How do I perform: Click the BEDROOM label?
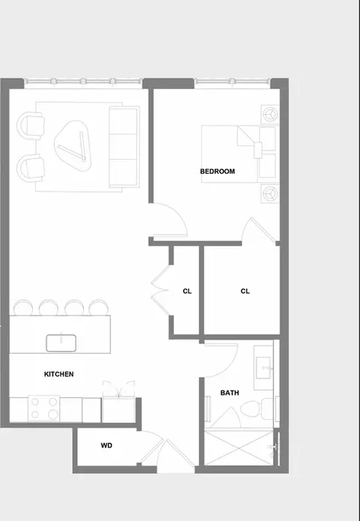(217, 172)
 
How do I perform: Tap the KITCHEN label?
(58, 374)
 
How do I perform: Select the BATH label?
(229, 393)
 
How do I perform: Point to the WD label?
(106, 445)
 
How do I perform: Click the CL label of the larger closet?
(245, 291)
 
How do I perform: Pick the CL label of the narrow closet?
(187, 291)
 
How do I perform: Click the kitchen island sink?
(61, 343)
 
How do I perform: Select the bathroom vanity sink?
(264, 367)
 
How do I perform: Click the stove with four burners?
(44, 409)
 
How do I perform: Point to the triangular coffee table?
(73, 146)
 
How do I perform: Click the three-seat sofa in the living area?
(124, 146)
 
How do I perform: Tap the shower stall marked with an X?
(238, 448)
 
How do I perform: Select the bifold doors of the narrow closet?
(160, 290)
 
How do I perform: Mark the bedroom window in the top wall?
(232, 82)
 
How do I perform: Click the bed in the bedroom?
(238, 154)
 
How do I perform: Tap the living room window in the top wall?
(83, 82)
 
